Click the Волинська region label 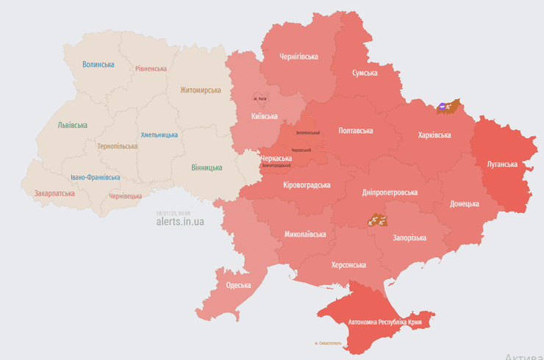click(99, 65)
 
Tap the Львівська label click(73, 125)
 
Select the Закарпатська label click(54, 194)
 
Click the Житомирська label click(200, 90)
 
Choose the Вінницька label click(207, 168)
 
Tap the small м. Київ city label click(260, 98)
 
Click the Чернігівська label click(298, 57)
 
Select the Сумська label click(365, 73)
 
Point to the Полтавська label click(355, 131)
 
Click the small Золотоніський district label click(307, 133)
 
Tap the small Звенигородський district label click(276, 165)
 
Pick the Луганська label click(502, 164)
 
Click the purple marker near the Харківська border click(443, 107)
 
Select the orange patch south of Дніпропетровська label click(376, 220)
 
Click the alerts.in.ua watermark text click(180, 221)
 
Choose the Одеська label click(238, 285)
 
